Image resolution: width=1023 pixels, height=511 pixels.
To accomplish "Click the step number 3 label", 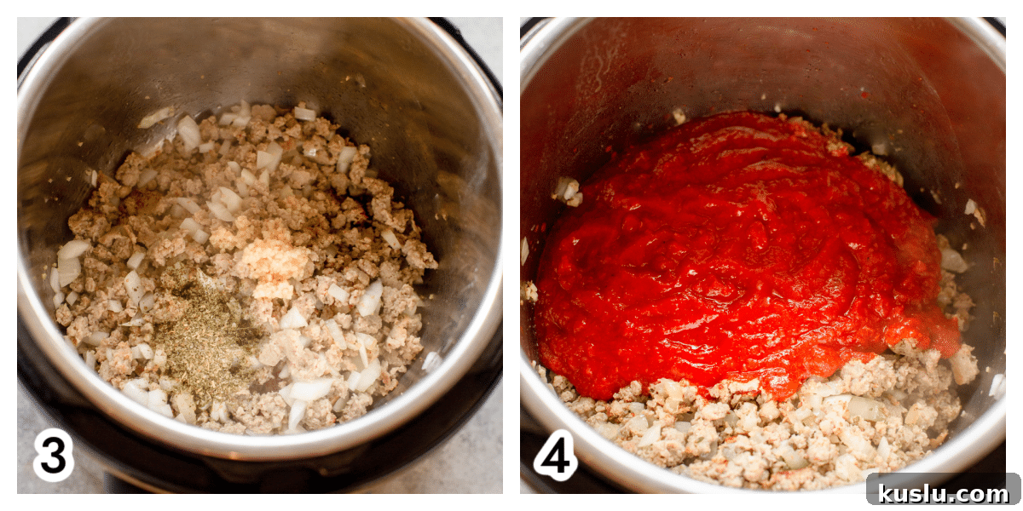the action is click(54, 455).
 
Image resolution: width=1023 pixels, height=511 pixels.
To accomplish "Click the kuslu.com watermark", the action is click(944, 493).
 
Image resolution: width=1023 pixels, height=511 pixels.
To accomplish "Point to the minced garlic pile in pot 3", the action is click(272, 267).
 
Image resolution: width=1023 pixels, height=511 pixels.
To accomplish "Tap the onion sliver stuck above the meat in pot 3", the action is click(156, 118).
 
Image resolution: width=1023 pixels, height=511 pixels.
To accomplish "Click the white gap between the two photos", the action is click(511, 255).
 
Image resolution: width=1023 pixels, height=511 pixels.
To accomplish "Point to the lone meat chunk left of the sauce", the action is click(567, 192).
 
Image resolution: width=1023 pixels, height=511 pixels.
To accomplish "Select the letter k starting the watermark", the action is click(885, 493).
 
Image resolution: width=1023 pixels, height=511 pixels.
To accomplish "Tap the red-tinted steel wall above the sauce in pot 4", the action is click(777, 64).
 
